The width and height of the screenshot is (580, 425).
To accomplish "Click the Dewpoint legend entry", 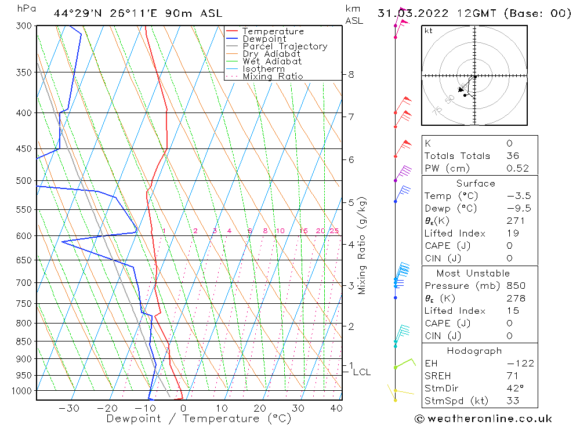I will (x=264, y=39).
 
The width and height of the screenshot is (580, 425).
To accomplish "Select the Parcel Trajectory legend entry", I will (x=284, y=46).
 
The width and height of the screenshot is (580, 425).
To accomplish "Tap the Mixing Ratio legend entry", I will (x=273, y=76).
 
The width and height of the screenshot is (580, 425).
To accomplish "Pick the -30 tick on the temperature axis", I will (x=69, y=408).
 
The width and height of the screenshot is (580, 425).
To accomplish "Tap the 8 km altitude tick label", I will (x=351, y=74).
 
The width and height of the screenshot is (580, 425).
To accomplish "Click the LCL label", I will (x=361, y=372).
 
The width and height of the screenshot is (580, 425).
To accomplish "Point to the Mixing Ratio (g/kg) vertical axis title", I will (x=362, y=245).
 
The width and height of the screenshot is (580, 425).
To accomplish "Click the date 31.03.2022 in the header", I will (x=409, y=13).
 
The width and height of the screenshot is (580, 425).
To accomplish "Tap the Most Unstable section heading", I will (x=473, y=273).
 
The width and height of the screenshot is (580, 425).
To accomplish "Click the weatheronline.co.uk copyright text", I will (x=483, y=419).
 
